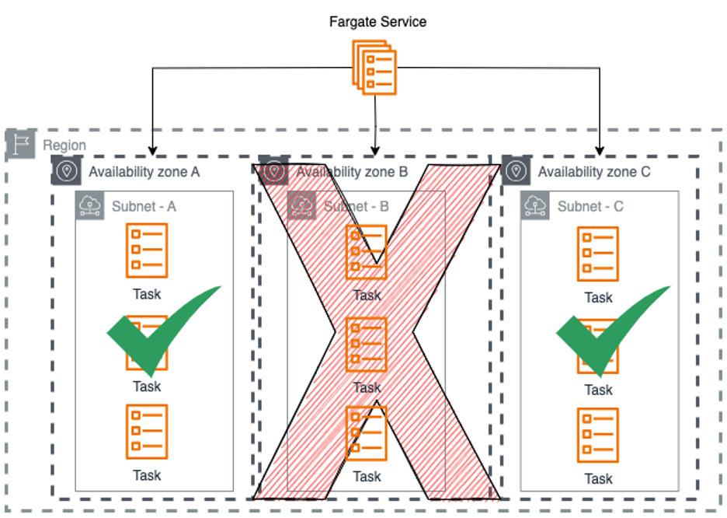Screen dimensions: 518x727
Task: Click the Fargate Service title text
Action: pyautogui.click(x=377, y=22)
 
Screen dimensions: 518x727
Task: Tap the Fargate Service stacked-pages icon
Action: pyautogui.click(x=376, y=69)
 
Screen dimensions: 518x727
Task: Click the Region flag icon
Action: pyautogui.click(x=21, y=145)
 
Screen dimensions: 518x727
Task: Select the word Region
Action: pyautogui.click(x=64, y=145)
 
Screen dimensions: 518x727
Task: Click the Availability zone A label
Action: pyautogui.click(x=144, y=172)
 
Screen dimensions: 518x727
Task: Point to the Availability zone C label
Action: pyautogui.click(x=593, y=172)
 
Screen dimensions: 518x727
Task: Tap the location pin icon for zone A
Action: pyautogui.click(x=66, y=170)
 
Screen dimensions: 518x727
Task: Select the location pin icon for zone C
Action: pyautogui.click(x=516, y=170)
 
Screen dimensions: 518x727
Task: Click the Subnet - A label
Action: pyautogui.click(x=144, y=206)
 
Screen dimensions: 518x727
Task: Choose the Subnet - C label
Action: pyautogui.click(x=590, y=207)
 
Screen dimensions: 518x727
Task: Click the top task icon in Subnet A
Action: pyautogui.click(x=147, y=250)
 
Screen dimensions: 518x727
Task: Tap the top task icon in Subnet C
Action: pyautogui.click(x=598, y=254)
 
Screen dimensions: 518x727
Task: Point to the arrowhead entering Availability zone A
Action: pyautogui.click(x=152, y=150)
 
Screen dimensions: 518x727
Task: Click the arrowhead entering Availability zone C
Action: pyautogui.click(x=600, y=150)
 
